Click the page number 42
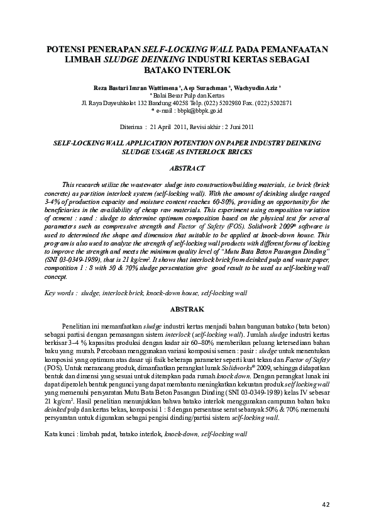(x=326, y=504)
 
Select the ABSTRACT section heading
(x=187, y=169)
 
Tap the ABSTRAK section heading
(x=187, y=310)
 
